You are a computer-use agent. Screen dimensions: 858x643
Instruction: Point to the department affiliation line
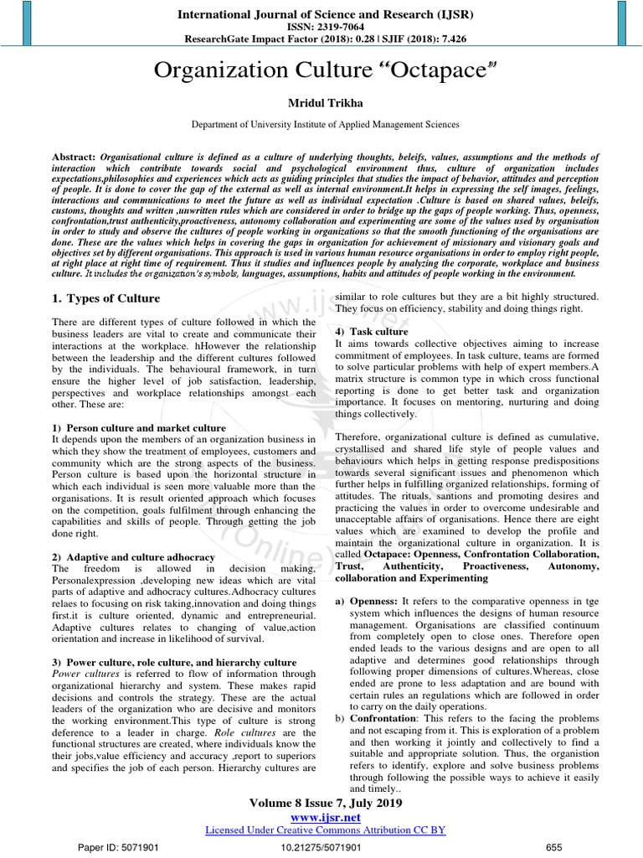click(x=325, y=124)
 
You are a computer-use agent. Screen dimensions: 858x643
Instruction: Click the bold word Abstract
click(x=74, y=157)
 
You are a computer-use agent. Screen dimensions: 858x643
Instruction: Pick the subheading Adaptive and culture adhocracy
click(x=134, y=556)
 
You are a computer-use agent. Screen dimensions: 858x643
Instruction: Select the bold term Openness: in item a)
click(x=373, y=601)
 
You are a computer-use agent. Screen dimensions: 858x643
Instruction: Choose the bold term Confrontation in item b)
click(x=382, y=718)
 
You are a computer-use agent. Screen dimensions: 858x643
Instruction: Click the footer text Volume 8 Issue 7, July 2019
click(x=326, y=803)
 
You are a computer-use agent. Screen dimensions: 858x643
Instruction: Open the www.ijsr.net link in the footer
click(x=325, y=817)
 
